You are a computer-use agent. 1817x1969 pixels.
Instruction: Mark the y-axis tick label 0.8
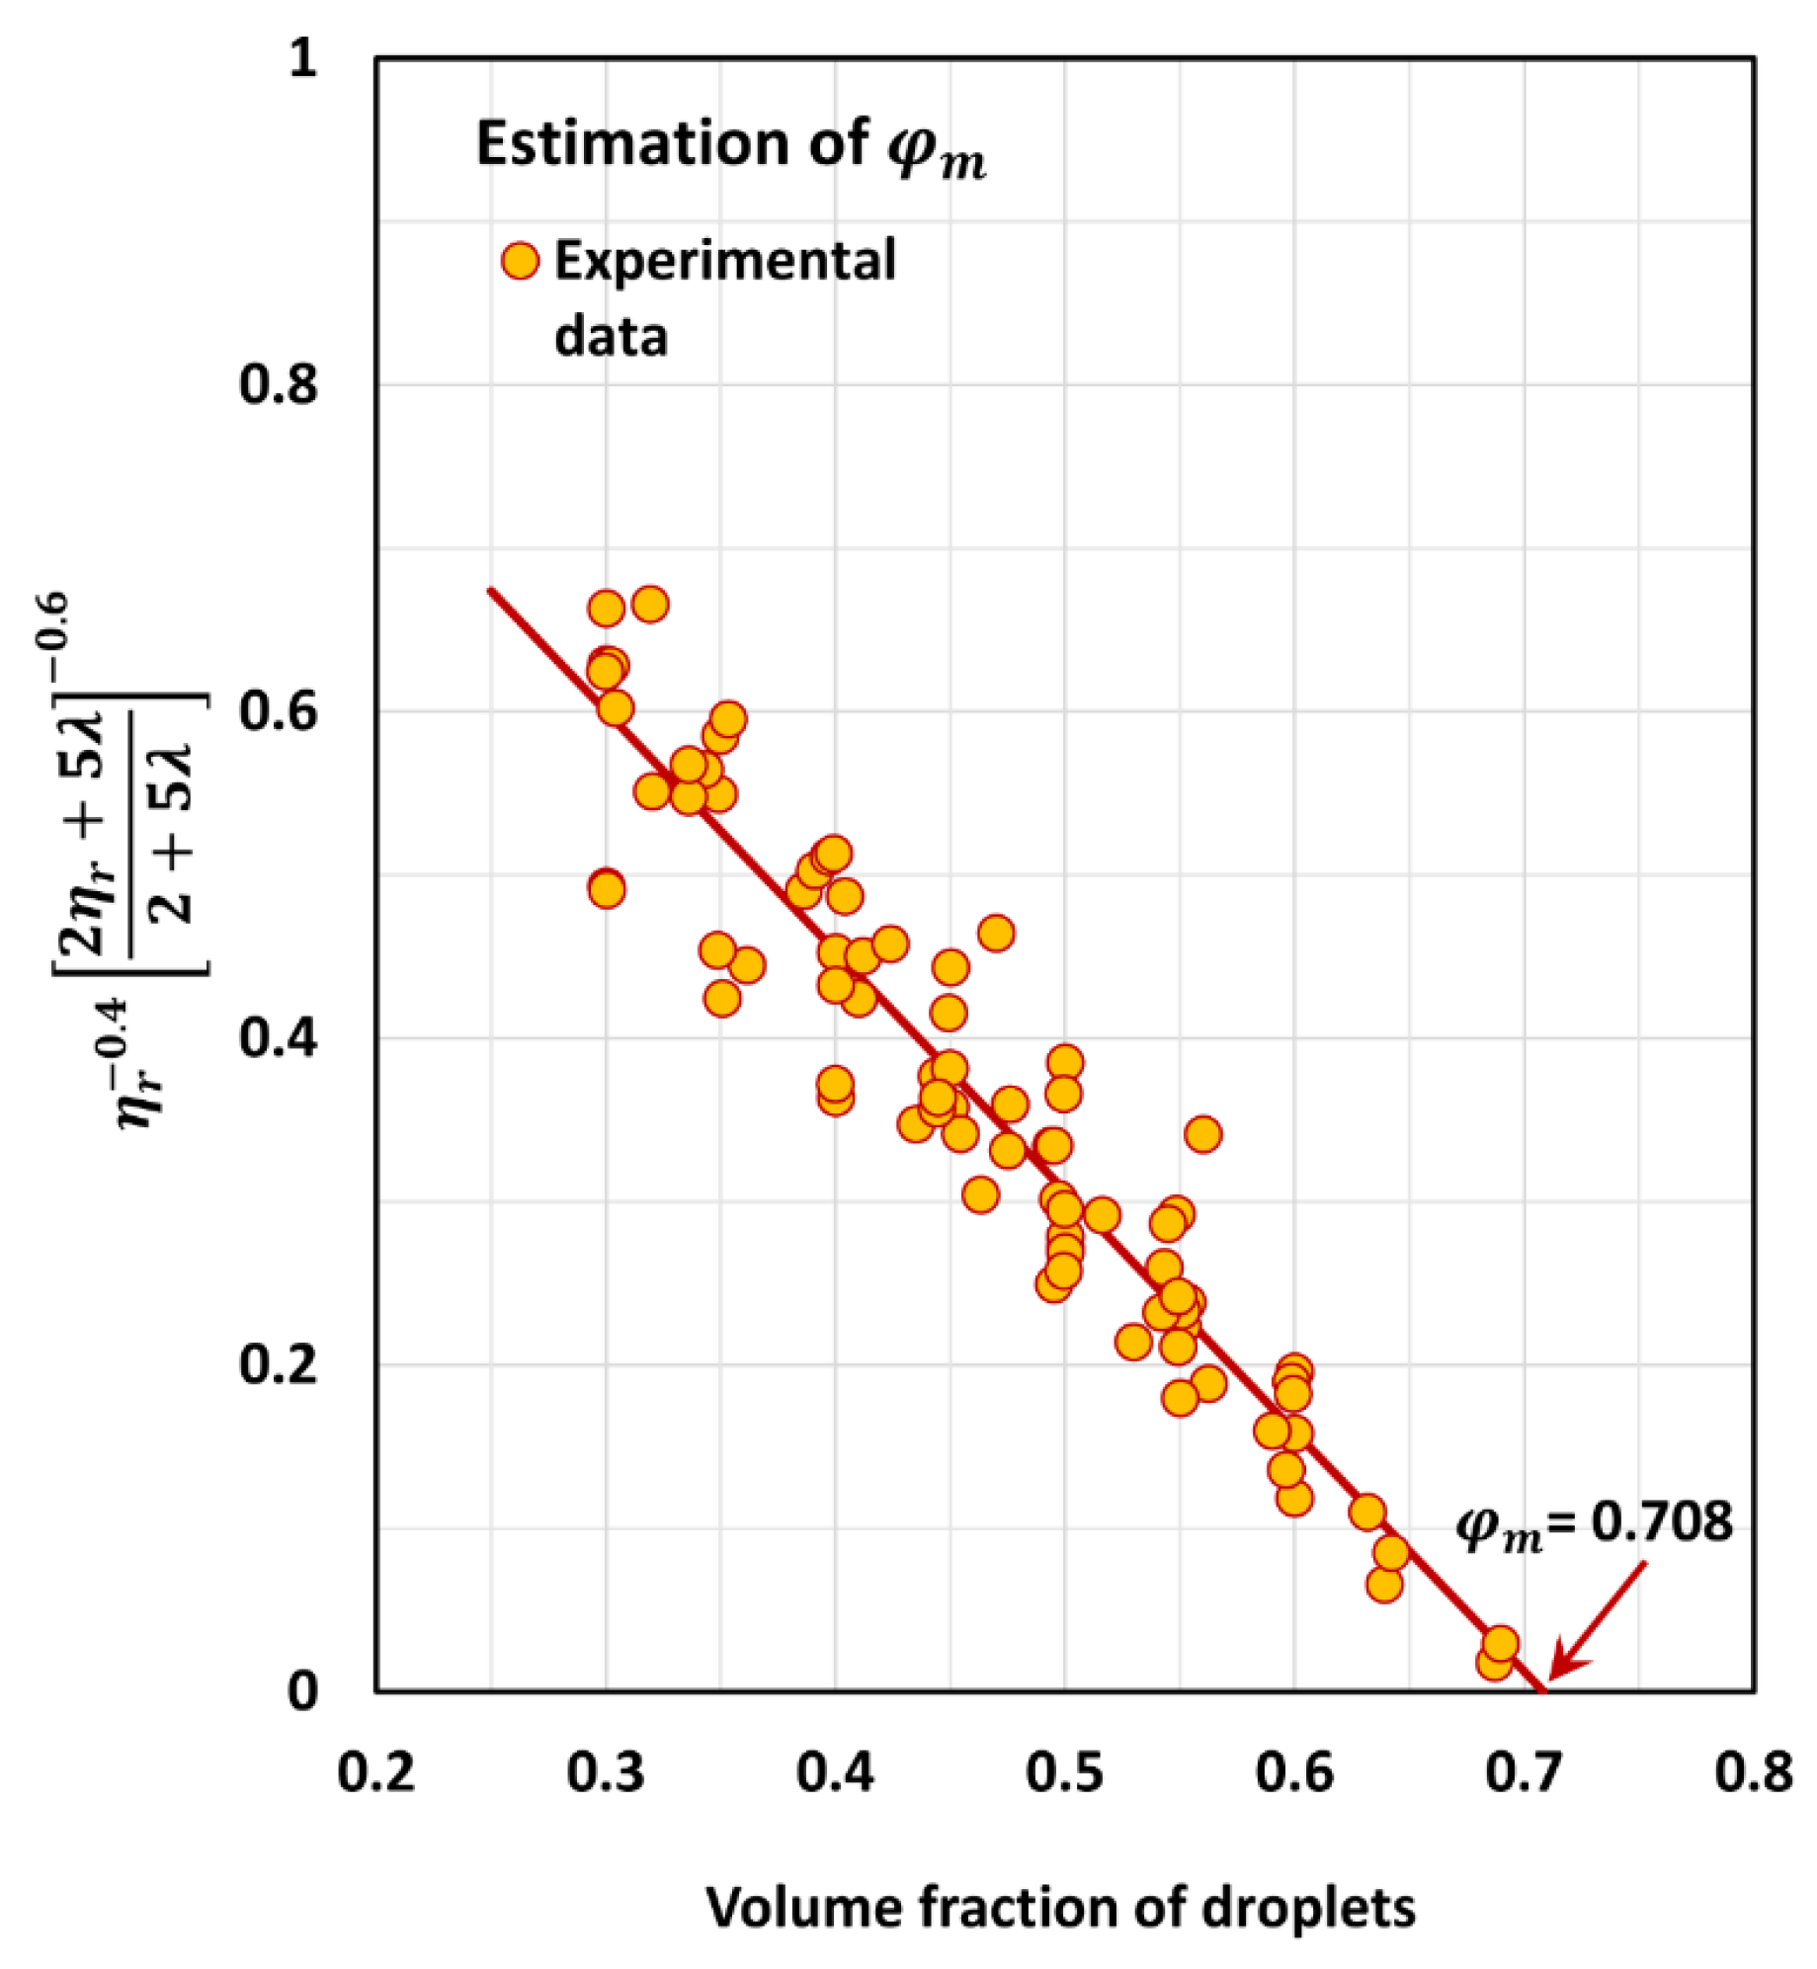click(x=279, y=384)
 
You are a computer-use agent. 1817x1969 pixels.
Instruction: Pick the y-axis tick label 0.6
click(x=279, y=711)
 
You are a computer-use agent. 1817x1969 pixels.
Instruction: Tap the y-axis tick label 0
click(x=302, y=1690)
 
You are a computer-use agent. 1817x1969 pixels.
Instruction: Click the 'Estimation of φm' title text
click(x=731, y=146)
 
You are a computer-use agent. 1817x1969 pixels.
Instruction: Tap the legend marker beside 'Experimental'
click(x=520, y=261)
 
